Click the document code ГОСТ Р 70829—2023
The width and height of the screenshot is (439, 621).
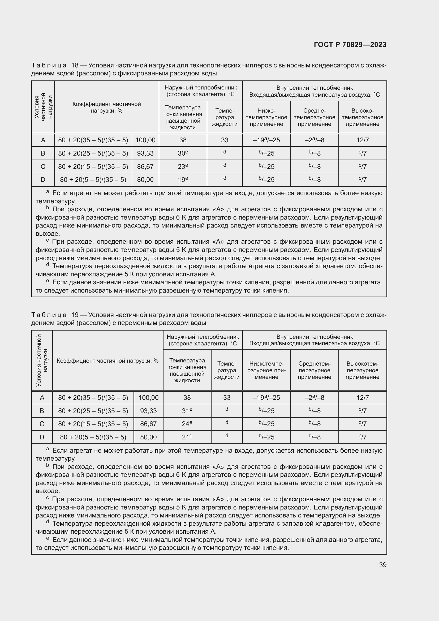[x=350, y=45]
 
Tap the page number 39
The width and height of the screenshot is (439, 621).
[x=382, y=565]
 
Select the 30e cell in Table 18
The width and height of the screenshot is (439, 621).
[x=183, y=153]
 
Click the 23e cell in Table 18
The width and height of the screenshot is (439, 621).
[x=183, y=167]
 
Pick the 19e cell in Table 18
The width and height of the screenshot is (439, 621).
[x=183, y=179]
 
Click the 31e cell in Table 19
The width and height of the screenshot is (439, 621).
[x=187, y=411]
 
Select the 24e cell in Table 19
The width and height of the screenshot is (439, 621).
[x=187, y=424]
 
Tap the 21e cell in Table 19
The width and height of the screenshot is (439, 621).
[x=187, y=437]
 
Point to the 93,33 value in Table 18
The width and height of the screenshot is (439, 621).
[x=145, y=153]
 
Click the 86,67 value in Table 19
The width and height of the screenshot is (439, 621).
[x=148, y=424]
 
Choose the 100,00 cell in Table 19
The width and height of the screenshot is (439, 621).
[x=148, y=398]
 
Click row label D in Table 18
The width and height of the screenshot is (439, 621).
[x=43, y=179]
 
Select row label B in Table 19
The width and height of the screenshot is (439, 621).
[x=42, y=411]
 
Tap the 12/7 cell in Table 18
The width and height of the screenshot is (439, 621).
[x=363, y=140]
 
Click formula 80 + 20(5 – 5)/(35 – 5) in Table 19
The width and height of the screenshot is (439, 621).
[x=93, y=437]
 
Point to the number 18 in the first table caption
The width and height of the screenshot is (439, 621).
[x=75, y=66]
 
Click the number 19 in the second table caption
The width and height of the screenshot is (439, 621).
[x=75, y=315]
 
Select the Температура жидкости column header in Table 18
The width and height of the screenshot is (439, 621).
[x=224, y=117]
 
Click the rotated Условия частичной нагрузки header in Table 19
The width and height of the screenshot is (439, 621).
[x=42, y=360]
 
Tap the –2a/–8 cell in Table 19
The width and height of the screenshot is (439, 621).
[x=314, y=398]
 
